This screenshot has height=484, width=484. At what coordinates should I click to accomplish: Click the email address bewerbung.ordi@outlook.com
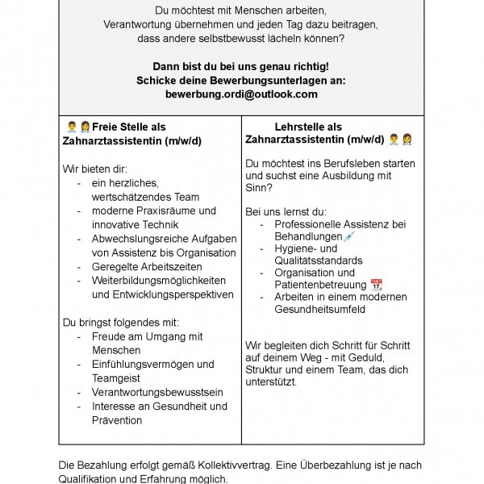pyautogui.click(x=241, y=94)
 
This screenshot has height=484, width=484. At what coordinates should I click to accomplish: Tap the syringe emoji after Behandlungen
pyautogui.click(x=348, y=236)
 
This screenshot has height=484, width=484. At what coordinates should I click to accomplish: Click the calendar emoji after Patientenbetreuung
pyautogui.click(x=376, y=284)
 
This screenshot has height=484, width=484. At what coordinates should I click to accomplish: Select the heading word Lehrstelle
pyautogui.click(x=297, y=127)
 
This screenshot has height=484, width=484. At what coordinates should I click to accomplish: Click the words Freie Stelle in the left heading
pyautogui.click(x=115, y=127)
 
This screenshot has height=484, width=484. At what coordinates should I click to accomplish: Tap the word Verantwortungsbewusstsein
pyautogui.click(x=157, y=392)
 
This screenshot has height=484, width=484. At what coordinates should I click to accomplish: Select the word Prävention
pyautogui.click(x=117, y=419)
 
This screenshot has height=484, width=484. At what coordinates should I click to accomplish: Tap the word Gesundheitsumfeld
pyautogui.click(x=319, y=309)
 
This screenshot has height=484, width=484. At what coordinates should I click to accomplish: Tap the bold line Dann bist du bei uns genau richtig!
pyautogui.click(x=241, y=65)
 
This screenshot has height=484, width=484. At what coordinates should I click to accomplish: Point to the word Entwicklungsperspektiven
pyautogui.click(x=162, y=294)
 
